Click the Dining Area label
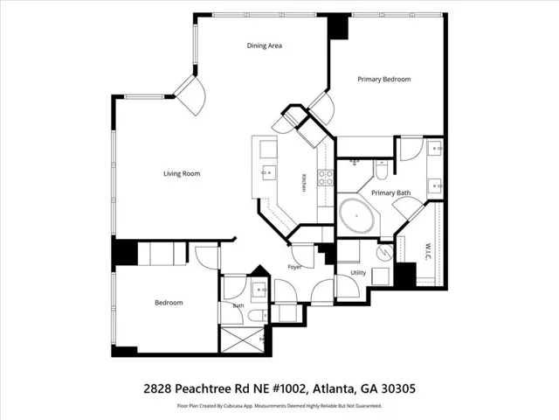pos(265,45)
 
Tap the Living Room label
pos(182,174)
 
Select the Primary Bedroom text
pos(384,80)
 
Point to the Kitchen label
pos(304,183)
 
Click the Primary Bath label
pos(390,193)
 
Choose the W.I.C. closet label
pos(428,252)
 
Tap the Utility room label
pos(358,273)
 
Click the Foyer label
pos(294,267)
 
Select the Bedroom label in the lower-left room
pos(169,303)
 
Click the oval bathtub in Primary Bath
pos(356,216)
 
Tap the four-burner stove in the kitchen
pos(326,178)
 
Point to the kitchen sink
pos(269,173)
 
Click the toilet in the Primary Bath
pos(381,170)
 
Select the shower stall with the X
pos(243,339)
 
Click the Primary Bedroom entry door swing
pos(321,107)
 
